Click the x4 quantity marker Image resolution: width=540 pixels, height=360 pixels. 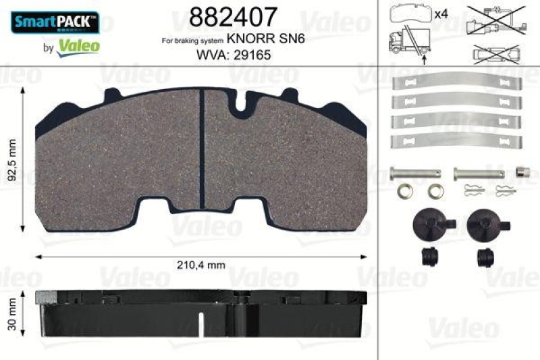(442, 13)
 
